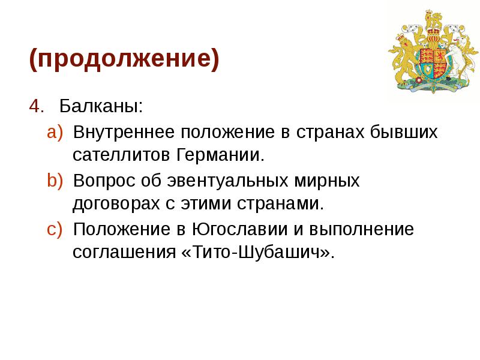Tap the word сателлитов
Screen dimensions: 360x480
122,155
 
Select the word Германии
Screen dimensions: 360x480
220,155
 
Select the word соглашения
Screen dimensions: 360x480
124,253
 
